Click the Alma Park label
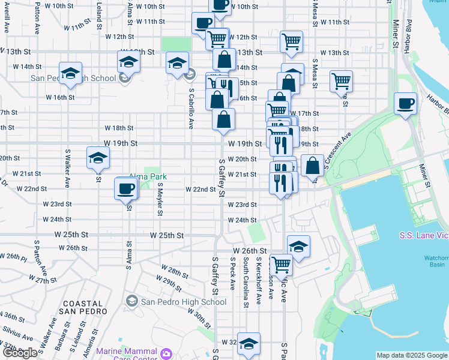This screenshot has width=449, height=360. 148,177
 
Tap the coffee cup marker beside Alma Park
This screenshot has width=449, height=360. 126,189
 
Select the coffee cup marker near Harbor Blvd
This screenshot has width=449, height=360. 406,103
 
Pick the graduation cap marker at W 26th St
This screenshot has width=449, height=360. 298,247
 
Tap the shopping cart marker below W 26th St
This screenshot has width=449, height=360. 280,264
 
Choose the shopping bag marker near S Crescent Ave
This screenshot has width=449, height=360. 312,166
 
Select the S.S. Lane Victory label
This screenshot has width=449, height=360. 424,235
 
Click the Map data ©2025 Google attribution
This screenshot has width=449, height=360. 411,355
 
